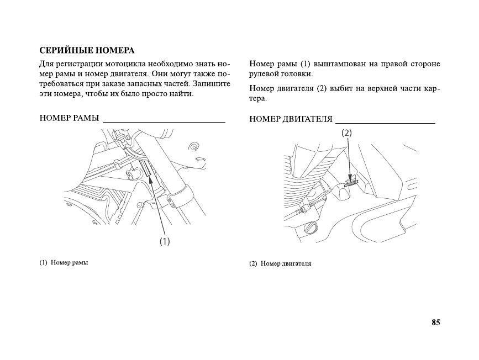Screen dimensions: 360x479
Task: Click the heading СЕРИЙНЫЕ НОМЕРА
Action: (87, 51)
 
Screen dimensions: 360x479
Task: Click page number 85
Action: (436, 322)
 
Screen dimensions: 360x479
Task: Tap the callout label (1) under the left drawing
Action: (165, 241)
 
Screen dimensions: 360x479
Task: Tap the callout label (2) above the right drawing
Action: (346, 133)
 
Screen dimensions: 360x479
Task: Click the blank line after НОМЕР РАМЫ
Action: (164, 120)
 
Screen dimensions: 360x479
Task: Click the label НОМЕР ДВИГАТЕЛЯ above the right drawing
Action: (291, 119)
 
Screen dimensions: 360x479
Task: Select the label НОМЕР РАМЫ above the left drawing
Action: (70, 119)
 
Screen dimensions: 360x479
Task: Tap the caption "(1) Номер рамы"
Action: (64, 262)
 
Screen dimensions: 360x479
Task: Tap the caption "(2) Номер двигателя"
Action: (280, 263)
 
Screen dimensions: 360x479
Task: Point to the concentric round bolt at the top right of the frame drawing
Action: (194, 147)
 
